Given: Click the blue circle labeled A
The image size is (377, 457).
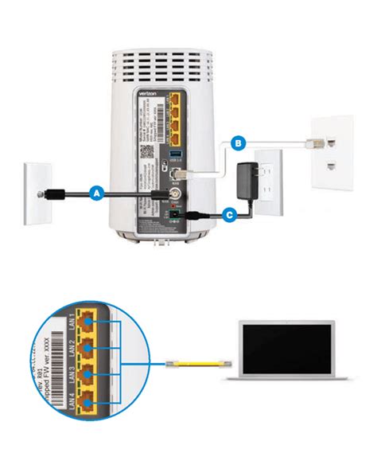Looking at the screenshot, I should [x=96, y=192].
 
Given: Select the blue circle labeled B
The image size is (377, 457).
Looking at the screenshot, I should [x=236, y=143].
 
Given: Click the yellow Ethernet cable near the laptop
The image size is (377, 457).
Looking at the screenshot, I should [x=194, y=362].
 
